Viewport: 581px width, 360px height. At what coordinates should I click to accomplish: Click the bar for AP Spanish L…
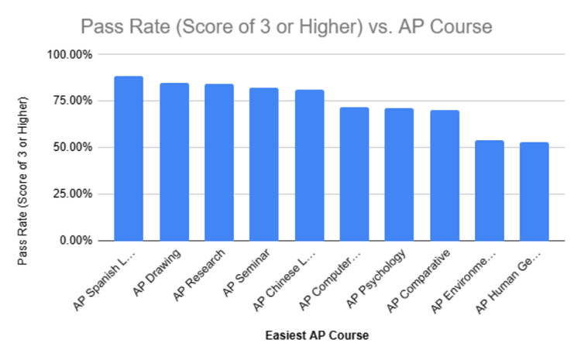129,159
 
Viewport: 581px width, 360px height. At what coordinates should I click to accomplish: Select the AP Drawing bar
174,162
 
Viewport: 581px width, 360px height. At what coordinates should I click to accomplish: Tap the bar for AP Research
219,163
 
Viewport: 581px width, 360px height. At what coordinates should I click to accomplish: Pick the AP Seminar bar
264,164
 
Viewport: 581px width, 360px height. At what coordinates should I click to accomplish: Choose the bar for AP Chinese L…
309,165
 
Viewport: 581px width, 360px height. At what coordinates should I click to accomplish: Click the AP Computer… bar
355,174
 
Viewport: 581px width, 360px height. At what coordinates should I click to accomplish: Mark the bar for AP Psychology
400,174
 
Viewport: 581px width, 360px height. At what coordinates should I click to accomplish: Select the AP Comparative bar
445,175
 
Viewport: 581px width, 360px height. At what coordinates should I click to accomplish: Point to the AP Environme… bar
490,190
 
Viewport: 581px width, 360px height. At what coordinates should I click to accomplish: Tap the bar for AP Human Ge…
535,191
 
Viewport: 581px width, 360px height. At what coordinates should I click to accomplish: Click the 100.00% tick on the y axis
70,55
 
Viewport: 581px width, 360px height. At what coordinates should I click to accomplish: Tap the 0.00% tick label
76,240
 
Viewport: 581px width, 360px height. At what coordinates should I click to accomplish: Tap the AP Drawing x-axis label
159,272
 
